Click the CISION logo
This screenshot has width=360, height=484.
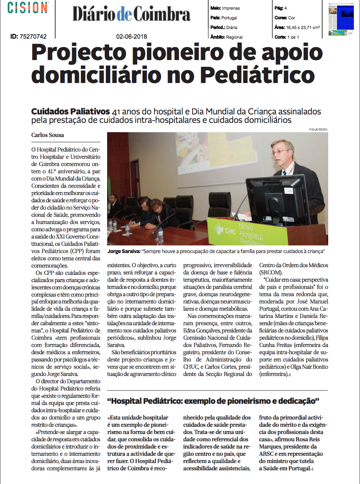(x=28, y=8)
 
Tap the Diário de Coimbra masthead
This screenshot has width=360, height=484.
(x=131, y=15)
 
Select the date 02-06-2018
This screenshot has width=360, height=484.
(x=132, y=37)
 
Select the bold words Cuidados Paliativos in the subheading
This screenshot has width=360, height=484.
(x=70, y=111)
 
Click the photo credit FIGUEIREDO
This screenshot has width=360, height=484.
(x=319, y=129)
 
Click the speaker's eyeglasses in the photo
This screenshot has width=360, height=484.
(x=281, y=152)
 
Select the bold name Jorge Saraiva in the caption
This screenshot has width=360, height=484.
(x=123, y=251)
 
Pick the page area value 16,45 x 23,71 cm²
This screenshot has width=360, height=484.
(x=303, y=27)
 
